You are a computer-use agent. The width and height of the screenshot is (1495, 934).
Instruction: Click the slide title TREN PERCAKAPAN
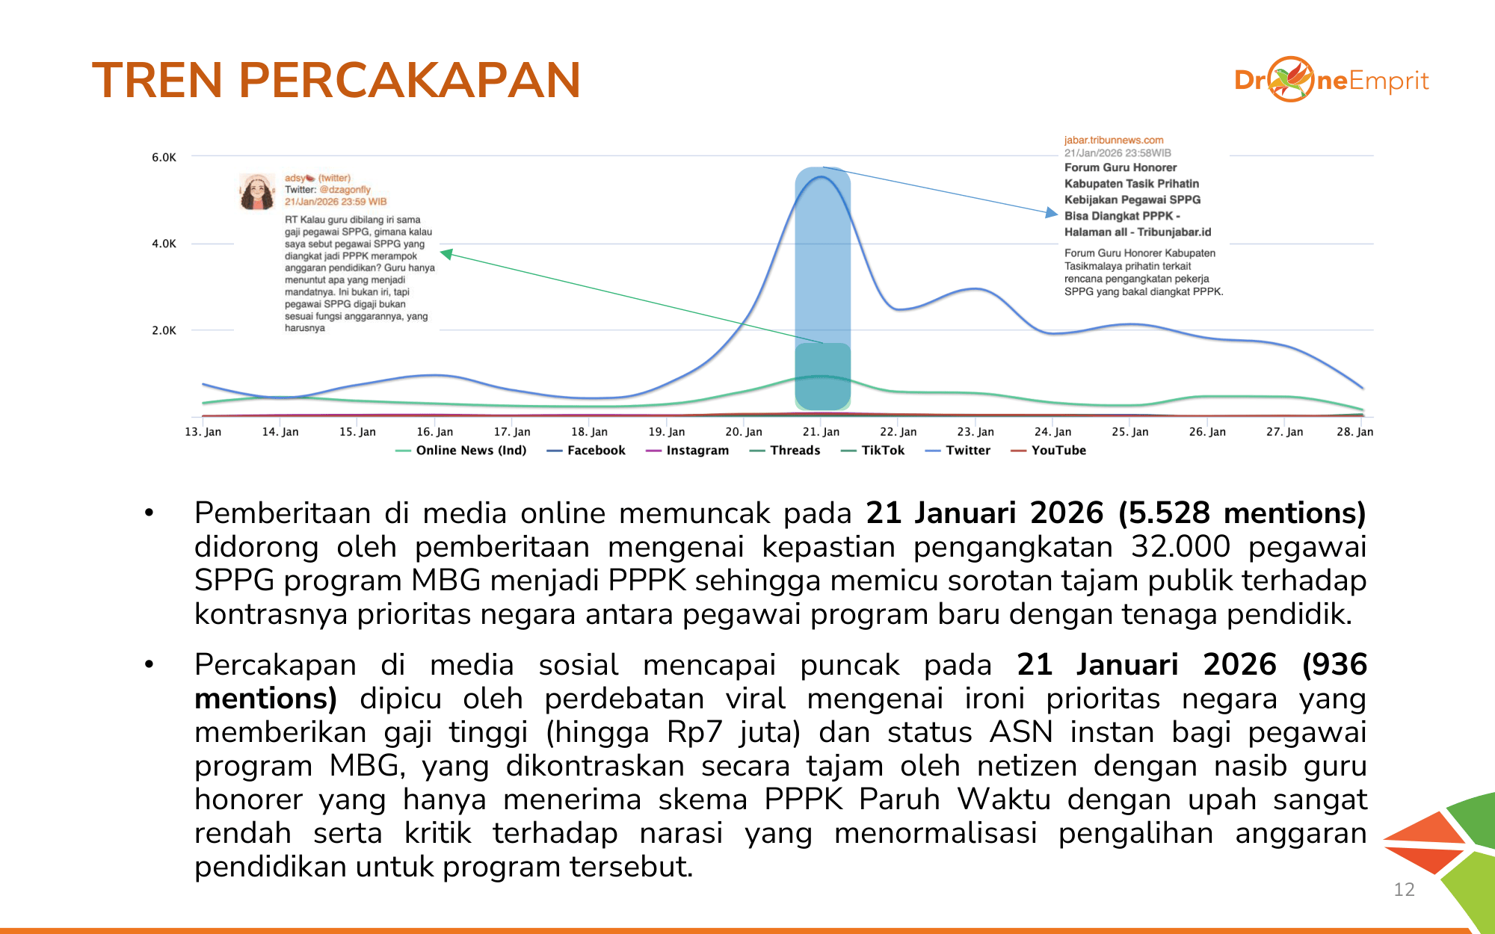336,80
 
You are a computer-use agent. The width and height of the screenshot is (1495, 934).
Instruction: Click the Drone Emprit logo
1331,79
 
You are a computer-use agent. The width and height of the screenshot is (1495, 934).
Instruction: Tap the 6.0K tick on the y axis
164,157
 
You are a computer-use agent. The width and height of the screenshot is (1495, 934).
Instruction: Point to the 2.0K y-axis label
164,330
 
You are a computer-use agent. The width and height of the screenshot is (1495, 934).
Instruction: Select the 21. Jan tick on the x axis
821,432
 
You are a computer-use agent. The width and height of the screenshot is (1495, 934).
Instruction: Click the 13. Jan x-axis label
203,432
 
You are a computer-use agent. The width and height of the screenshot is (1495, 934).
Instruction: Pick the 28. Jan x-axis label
1354,432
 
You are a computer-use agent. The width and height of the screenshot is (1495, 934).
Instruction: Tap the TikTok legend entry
872,451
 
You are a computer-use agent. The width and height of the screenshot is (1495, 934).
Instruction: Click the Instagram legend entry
687,451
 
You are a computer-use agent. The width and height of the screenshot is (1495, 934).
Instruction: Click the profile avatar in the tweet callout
256,191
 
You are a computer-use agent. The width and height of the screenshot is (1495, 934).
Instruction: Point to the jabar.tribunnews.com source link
1114,140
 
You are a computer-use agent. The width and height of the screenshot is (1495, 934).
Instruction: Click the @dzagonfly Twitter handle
345,190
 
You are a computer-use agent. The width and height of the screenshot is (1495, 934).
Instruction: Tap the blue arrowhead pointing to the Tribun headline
1052,213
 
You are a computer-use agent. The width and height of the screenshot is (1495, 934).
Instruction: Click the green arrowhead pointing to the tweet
446,254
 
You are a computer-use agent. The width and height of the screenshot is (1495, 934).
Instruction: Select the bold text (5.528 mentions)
1242,513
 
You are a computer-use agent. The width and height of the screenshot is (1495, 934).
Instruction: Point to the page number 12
1405,889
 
